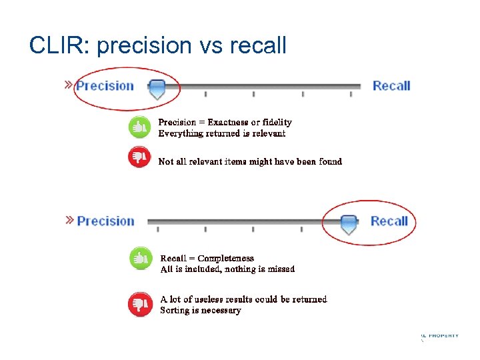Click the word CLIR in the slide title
point(56,45)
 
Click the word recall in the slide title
point(258,45)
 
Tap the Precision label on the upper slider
point(105,85)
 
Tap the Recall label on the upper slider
point(391,85)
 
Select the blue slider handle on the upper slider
point(157,89)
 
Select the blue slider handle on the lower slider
point(349,224)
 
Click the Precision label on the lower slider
point(105,221)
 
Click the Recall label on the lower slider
point(389,221)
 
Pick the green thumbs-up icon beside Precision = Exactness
point(139,126)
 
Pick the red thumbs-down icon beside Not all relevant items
point(139,157)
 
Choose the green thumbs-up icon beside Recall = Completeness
point(140,259)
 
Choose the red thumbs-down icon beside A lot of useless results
point(140,305)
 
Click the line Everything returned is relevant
point(221,133)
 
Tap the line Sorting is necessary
point(200,310)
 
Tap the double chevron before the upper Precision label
point(69,85)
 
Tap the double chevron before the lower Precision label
point(69,220)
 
